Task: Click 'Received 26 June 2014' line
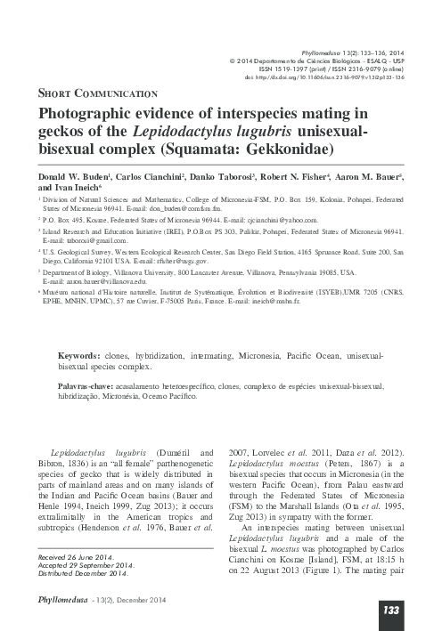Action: pyautogui.click(x=78, y=556)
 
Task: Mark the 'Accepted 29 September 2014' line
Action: pyautogui.click(x=86, y=564)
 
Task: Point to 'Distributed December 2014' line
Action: pyautogui.click(x=86, y=572)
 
